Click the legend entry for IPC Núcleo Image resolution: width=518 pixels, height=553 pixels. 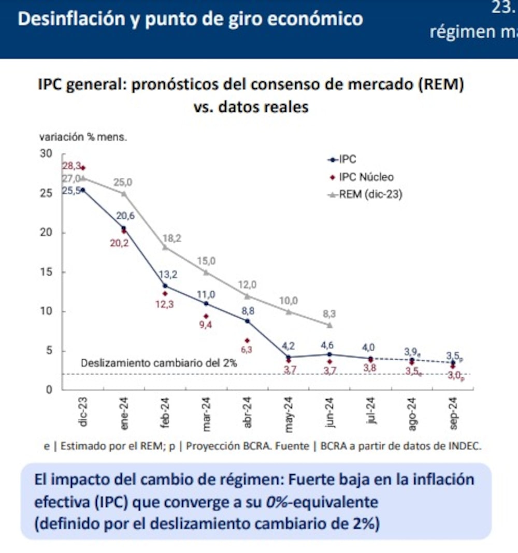tap(366, 177)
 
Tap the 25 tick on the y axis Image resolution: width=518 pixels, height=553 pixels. tap(47, 193)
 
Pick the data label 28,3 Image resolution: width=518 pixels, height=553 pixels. tap(72, 166)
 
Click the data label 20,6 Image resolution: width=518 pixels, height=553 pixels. tap(125, 216)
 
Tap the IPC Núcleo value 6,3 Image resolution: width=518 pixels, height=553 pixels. tap(247, 349)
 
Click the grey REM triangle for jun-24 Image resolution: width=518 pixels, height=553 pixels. tap(329, 325)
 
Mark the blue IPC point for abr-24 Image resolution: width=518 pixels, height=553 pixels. tap(247, 321)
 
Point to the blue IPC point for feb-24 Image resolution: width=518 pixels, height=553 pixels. tap(165, 286)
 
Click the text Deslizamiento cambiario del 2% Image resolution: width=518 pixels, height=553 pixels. tap(159, 363)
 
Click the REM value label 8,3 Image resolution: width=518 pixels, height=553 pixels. tap(329, 314)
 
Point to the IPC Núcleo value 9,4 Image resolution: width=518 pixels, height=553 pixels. tap(206, 325)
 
